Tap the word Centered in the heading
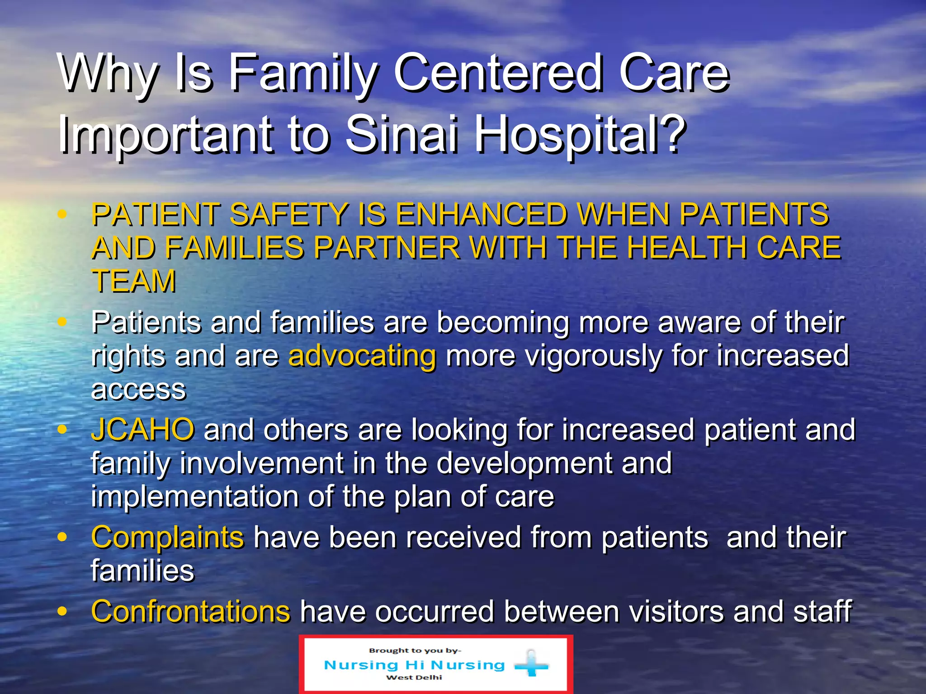point(497,72)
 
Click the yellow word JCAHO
point(143,429)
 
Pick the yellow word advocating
point(362,356)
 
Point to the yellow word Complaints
point(167,537)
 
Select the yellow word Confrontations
point(190,611)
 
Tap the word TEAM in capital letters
point(134,281)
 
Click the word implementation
point(195,497)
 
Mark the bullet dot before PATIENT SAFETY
point(62,214)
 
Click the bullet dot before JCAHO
point(62,429)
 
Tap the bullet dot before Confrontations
point(62,611)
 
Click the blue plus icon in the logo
point(531,665)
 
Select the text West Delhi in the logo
point(414,677)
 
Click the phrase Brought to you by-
point(415,651)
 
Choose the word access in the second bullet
point(138,389)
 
